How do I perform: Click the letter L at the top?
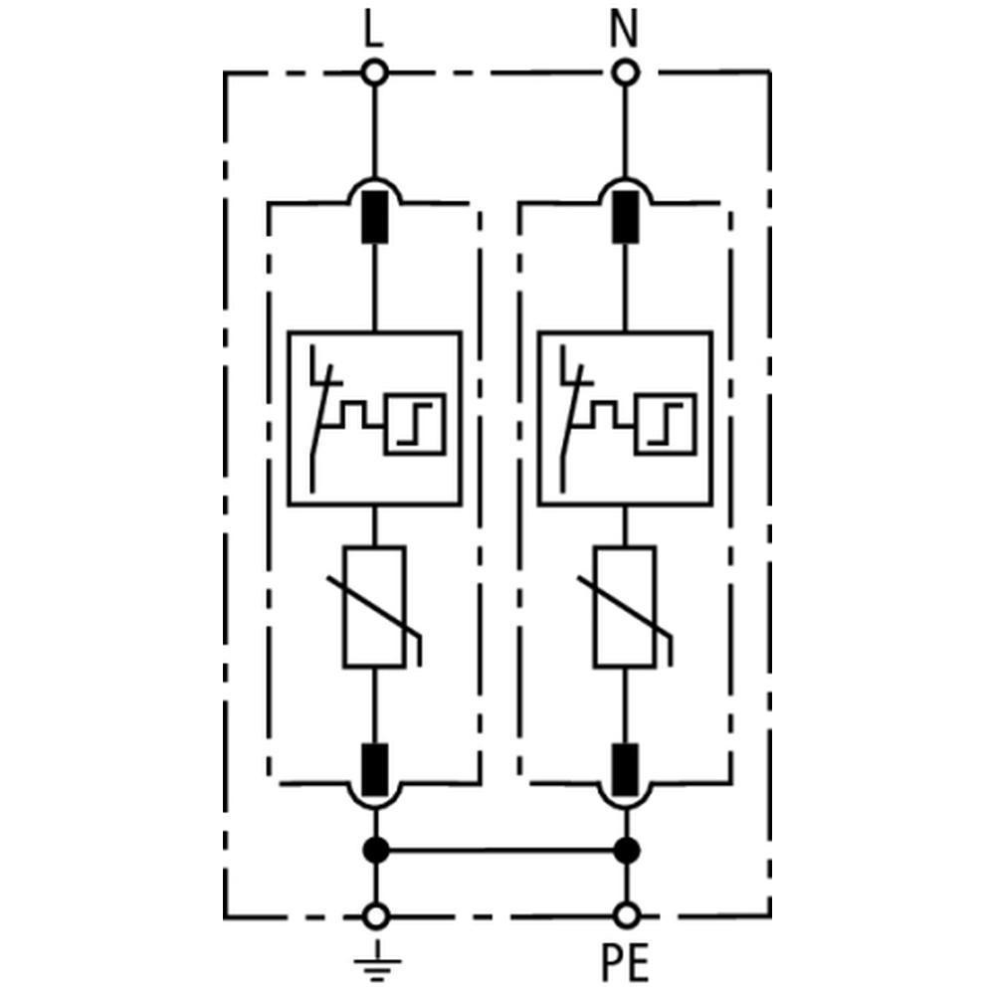(373, 31)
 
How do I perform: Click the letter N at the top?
(624, 31)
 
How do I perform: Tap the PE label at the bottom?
(625, 962)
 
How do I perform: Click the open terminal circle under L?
(374, 72)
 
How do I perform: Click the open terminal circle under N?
(624, 72)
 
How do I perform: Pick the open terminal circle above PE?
(626, 914)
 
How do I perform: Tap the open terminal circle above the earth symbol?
(375, 914)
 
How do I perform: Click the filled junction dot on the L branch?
(375, 851)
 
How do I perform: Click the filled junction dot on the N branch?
(626, 851)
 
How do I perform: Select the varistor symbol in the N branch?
(626, 606)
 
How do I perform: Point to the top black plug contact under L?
(375, 216)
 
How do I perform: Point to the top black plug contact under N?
(626, 216)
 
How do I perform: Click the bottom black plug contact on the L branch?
(375, 768)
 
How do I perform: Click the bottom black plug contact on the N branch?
(626, 768)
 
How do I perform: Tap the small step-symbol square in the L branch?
(417, 424)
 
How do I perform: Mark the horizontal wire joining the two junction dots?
(500, 851)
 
